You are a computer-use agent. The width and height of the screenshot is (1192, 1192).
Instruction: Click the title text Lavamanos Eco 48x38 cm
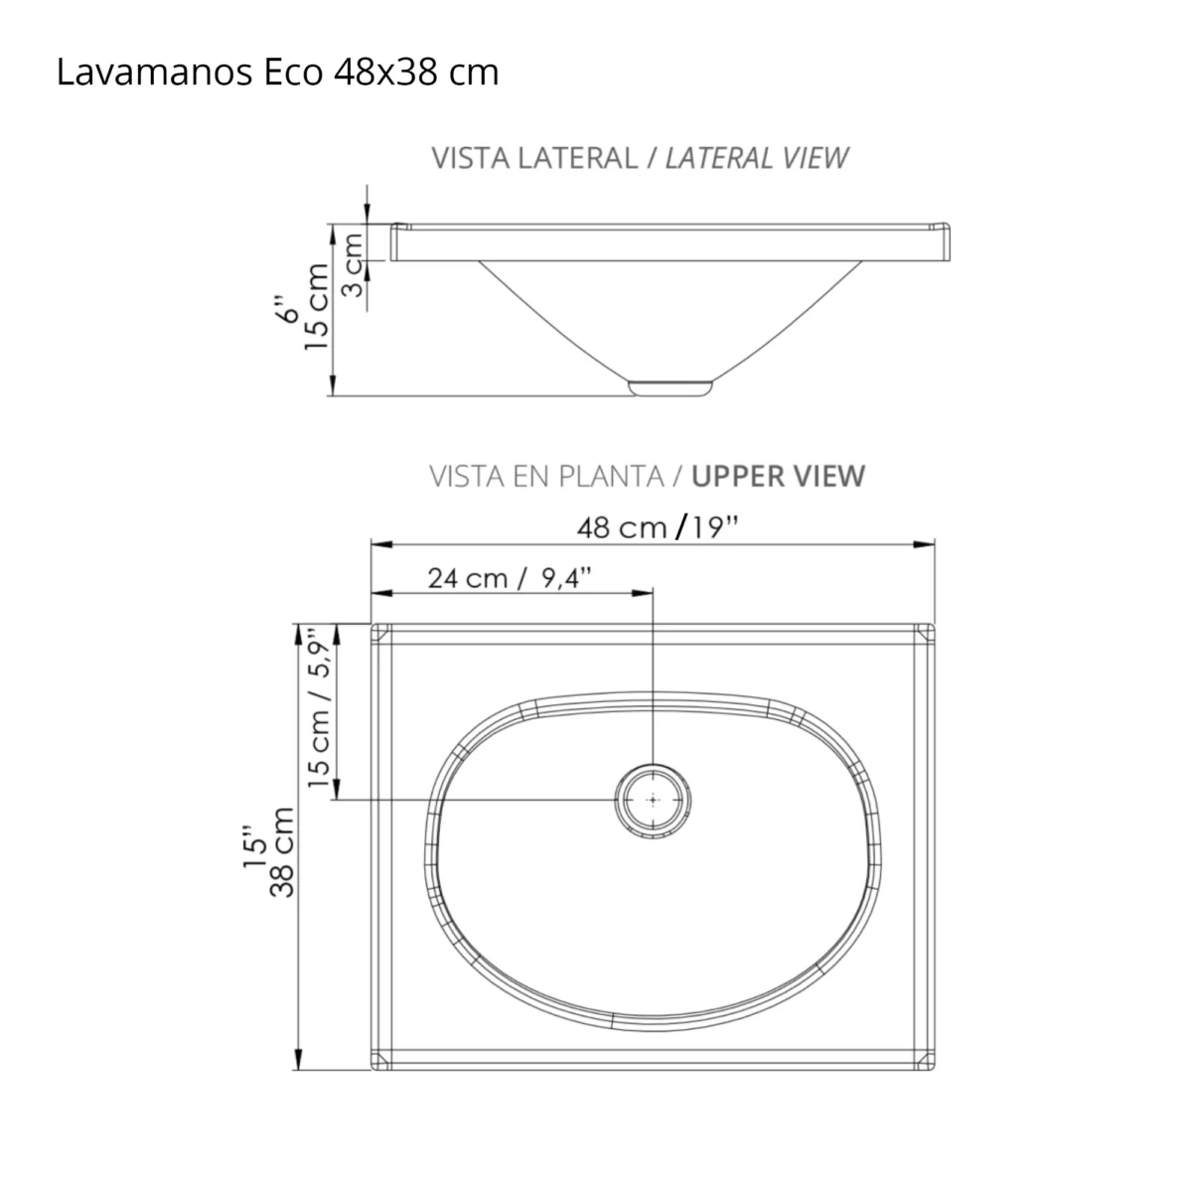[277, 73]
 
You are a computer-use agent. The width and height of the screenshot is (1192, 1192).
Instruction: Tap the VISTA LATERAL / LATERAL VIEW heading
[640, 158]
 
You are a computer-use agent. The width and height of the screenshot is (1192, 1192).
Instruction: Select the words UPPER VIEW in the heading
[778, 476]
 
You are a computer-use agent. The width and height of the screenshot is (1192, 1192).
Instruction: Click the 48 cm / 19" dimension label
[658, 526]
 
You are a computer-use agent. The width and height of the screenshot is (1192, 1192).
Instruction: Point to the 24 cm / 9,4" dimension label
[510, 577]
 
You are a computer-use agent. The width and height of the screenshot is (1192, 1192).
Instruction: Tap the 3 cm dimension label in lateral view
[352, 263]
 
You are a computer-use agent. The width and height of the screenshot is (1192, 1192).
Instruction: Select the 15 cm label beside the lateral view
[317, 306]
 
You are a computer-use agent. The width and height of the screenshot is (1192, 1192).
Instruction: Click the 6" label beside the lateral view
[286, 308]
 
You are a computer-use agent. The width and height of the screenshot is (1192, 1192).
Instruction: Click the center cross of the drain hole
[653, 800]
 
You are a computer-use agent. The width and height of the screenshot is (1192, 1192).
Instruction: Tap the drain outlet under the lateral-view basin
[671, 385]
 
